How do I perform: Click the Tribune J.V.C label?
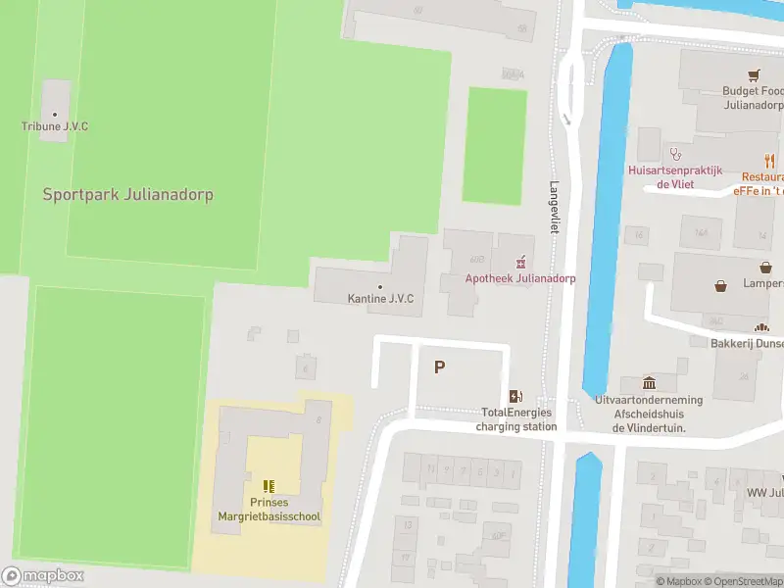pyautogui.click(x=55, y=126)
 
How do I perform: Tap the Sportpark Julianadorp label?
pyautogui.click(x=127, y=194)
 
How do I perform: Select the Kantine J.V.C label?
pyautogui.click(x=380, y=298)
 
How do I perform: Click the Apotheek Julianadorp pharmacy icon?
pyautogui.click(x=520, y=262)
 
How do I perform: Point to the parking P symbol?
pyautogui.click(x=440, y=367)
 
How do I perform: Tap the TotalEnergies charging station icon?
pyautogui.click(x=515, y=396)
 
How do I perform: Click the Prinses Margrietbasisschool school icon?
pyautogui.click(x=269, y=485)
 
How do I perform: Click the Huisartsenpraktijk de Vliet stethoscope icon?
pyautogui.click(x=674, y=153)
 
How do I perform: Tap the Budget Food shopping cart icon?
pyautogui.click(x=754, y=74)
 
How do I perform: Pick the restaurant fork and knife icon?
pyautogui.click(x=769, y=162)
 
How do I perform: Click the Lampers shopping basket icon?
pyautogui.click(x=722, y=286)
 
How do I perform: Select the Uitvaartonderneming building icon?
pyautogui.click(x=648, y=382)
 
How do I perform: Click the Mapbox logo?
pyautogui.click(x=42, y=576)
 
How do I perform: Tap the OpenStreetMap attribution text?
pyautogui.click(x=739, y=581)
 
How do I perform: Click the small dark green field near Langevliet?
pyautogui.click(x=493, y=145)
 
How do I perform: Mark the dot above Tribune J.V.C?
pyautogui.click(x=55, y=115)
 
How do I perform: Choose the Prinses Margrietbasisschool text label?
pyautogui.click(x=269, y=511)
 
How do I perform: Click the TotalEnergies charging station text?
pyautogui.click(x=516, y=419)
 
